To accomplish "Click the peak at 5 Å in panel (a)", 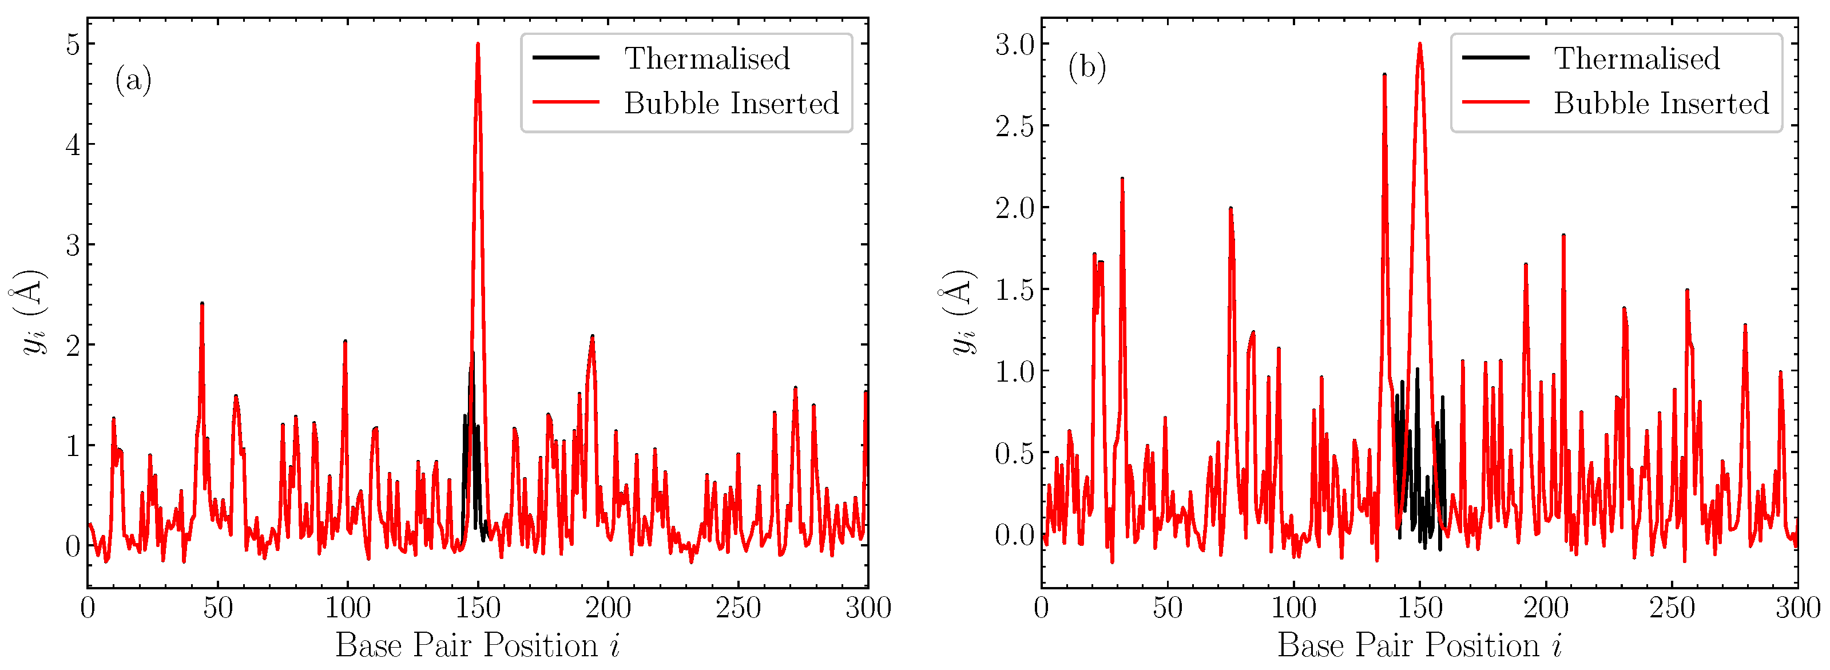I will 478,45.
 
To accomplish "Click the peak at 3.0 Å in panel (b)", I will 1419,45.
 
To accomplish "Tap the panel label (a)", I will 133,80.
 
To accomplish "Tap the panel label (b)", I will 1087,68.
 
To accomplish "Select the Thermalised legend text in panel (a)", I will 707,58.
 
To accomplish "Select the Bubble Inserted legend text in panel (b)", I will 1661,104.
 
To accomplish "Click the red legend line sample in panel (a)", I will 566,102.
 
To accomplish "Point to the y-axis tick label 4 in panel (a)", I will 73,145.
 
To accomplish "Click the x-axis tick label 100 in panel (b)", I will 1293,608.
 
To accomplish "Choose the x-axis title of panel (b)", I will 1419,646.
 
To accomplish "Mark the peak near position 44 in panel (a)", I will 202,304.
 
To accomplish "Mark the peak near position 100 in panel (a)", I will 346,342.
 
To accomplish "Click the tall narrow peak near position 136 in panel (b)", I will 1384,74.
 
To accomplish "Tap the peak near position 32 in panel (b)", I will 1122,179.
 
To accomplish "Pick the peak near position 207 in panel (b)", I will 1563,235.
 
